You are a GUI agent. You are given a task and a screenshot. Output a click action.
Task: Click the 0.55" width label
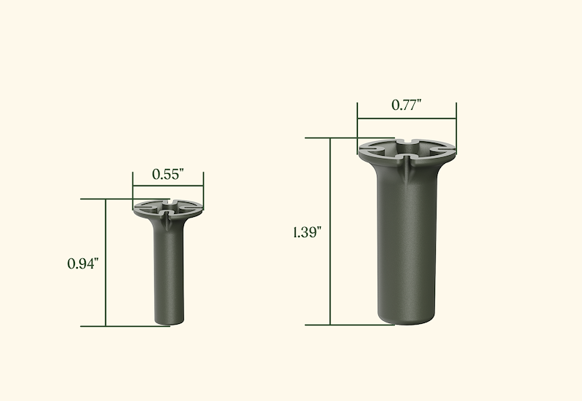click(x=168, y=174)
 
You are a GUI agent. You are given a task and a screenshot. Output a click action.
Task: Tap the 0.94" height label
click(x=83, y=263)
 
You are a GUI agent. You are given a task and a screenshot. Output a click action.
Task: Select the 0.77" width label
click(x=407, y=105)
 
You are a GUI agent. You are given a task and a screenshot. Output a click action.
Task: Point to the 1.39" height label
click(x=307, y=232)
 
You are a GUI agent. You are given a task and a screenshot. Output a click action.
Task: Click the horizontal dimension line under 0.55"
click(x=168, y=186)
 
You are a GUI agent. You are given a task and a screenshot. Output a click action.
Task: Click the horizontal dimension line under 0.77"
click(x=407, y=119)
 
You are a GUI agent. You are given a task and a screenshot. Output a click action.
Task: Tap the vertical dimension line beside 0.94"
click(x=105, y=263)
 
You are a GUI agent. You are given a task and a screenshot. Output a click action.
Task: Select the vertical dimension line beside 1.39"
click(x=330, y=231)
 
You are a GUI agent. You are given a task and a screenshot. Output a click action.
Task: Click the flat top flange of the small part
click(x=168, y=209)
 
